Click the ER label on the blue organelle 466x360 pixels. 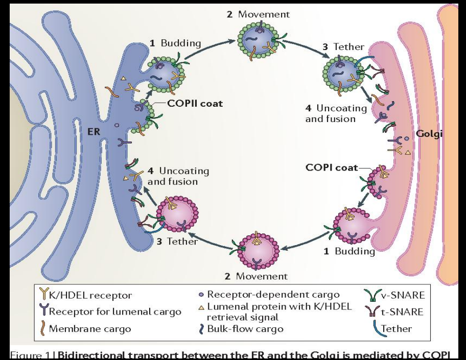tap(94, 131)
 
